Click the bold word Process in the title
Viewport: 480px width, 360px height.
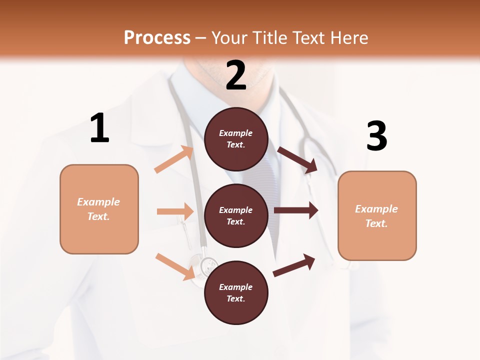click(x=157, y=37)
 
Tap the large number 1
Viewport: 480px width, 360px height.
click(x=99, y=128)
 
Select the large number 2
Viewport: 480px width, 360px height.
click(x=236, y=75)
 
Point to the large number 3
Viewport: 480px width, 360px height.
click(x=376, y=136)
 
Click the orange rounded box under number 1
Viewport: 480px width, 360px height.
click(x=99, y=209)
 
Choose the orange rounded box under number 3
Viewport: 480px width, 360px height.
click(x=377, y=215)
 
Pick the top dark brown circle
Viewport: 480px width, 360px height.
click(x=236, y=139)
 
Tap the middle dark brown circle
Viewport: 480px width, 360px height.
click(x=236, y=215)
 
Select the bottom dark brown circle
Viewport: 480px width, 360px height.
click(x=236, y=292)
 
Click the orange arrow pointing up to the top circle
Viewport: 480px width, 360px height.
click(x=174, y=159)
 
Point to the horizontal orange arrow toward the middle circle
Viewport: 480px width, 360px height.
click(x=175, y=211)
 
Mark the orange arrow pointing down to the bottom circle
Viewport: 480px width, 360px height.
click(x=175, y=266)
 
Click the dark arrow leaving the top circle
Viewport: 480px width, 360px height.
click(x=297, y=159)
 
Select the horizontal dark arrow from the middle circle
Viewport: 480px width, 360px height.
click(x=296, y=210)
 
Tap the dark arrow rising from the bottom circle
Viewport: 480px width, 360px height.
click(x=294, y=265)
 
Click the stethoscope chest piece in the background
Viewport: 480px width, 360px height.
click(x=205, y=266)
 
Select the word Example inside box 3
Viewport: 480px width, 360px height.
click(x=376, y=209)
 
